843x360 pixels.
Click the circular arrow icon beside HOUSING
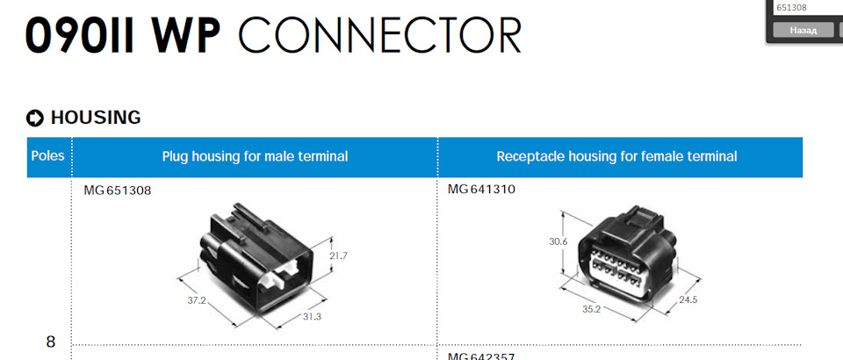tap(35, 118)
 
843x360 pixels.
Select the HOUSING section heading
tap(96, 118)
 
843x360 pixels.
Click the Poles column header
tap(48, 156)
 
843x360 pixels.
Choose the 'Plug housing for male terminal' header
tap(255, 156)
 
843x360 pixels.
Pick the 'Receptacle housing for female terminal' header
tap(616, 156)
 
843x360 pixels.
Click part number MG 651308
tap(118, 190)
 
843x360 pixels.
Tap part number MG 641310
tap(481, 190)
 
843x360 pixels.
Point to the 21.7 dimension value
tap(339, 256)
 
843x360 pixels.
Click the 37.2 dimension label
tap(196, 299)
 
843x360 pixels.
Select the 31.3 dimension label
tap(312, 316)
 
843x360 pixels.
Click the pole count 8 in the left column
tap(50, 342)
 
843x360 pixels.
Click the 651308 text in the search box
tap(792, 8)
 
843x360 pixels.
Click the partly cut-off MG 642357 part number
tap(481, 356)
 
